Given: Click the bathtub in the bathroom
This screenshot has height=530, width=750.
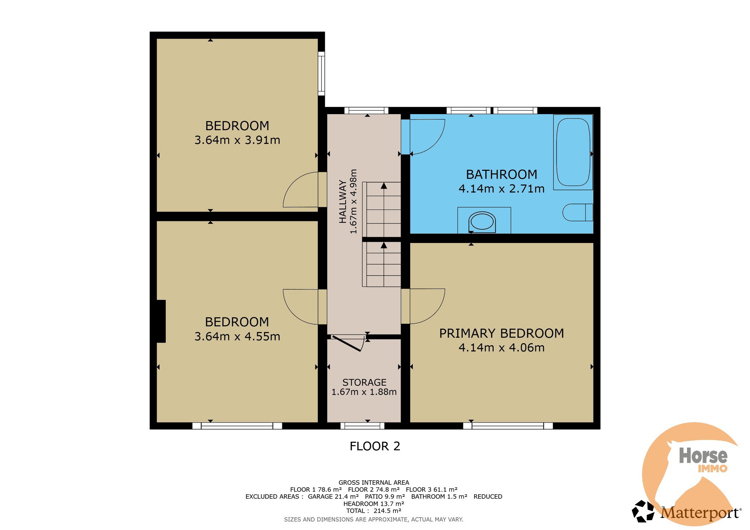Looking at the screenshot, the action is [573, 152].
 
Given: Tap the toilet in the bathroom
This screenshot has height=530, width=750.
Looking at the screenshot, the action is [577, 212].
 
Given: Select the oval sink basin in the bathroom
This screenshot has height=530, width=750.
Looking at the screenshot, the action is [482, 222].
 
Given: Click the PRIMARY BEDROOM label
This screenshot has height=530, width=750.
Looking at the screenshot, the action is [501, 333].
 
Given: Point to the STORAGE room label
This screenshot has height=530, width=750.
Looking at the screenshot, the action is [364, 382].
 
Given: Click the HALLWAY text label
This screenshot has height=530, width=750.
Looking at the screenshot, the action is [343, 201].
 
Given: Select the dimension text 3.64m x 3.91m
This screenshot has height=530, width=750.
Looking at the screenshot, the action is [237, 140].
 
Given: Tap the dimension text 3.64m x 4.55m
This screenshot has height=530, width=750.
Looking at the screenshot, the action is [237, 336].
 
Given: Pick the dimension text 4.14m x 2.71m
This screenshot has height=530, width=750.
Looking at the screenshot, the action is [501, 189].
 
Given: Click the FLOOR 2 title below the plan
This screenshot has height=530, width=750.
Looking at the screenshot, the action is [375, 446].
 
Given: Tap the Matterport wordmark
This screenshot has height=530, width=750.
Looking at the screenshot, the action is [700, 513].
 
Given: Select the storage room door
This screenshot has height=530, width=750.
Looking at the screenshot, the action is [346, 343].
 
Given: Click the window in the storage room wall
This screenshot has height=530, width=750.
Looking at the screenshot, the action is [362, 426].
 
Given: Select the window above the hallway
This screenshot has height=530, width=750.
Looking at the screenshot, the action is [366, 110].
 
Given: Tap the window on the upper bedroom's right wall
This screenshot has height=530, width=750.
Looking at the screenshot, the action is [321, 74].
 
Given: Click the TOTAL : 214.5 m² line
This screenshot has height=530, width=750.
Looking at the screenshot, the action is [374, 511].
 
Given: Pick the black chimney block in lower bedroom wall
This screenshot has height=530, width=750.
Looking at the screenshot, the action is [161, 321].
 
